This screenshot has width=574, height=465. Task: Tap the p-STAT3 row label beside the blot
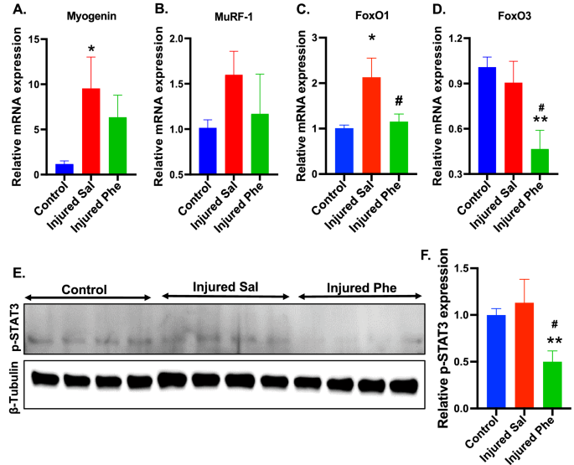[x=12, y=337]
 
